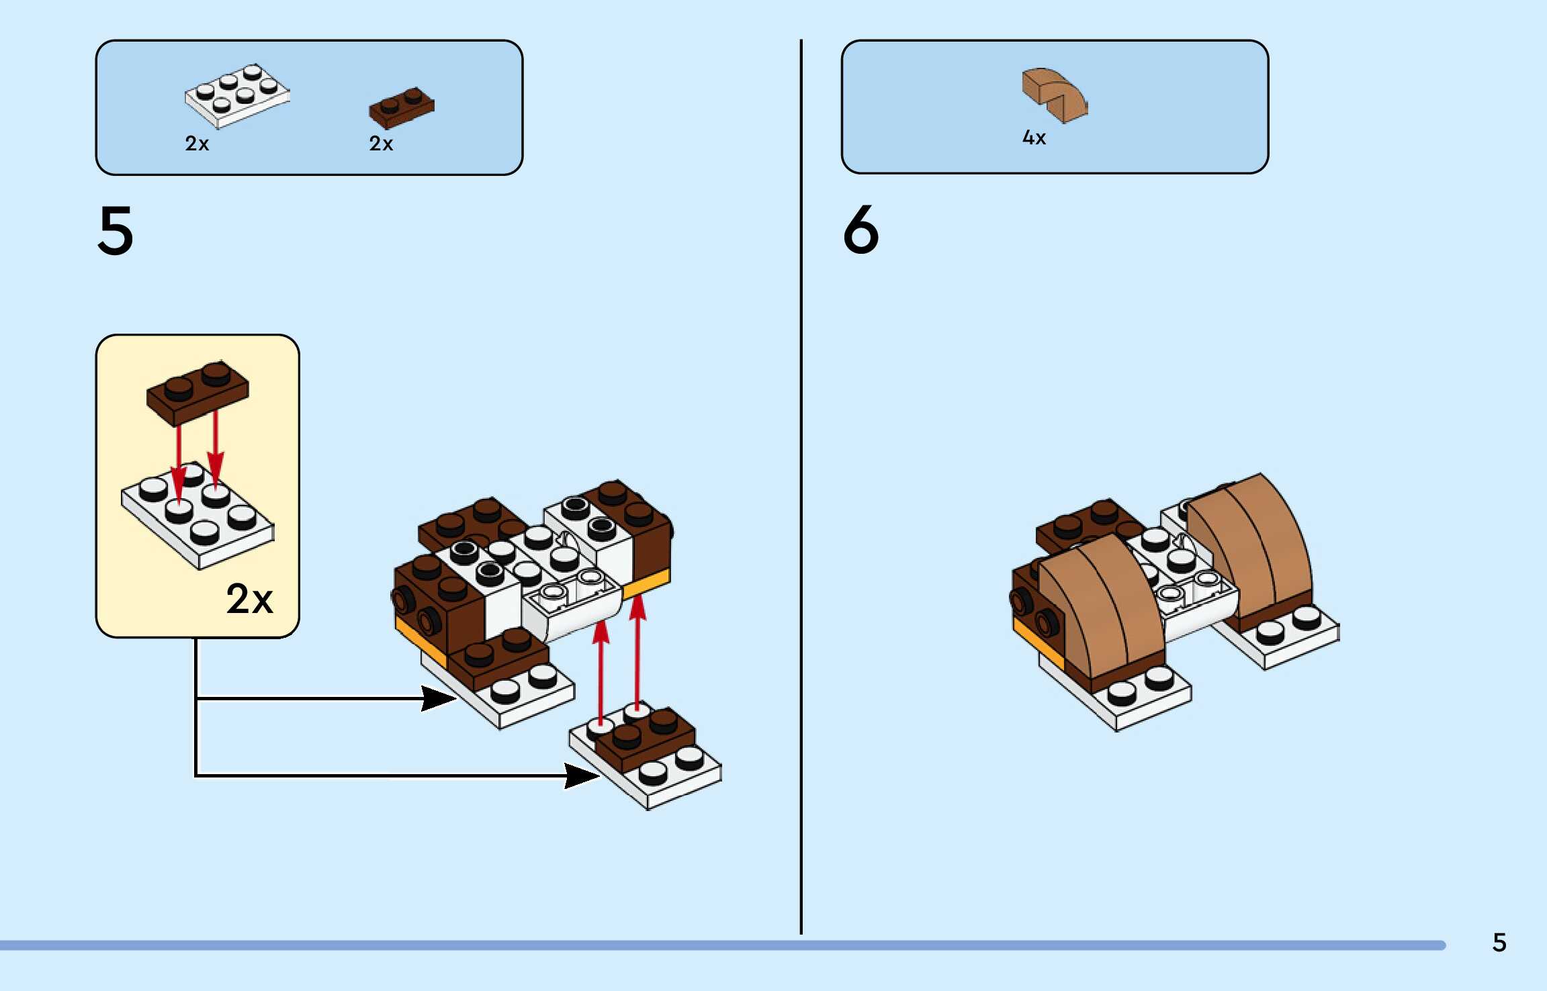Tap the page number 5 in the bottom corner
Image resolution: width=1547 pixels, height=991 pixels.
(1499, 943)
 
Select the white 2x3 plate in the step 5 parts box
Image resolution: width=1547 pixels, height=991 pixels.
(236, 96)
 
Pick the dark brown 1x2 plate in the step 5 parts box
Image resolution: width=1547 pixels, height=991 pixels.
(401, 107)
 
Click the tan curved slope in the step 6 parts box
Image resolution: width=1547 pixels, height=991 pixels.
(1054, 95)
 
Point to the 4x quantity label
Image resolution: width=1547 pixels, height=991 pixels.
(1034, 138)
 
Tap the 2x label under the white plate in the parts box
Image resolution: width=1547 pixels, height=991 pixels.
(197, 144)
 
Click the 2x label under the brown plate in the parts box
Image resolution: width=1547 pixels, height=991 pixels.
(381, 144)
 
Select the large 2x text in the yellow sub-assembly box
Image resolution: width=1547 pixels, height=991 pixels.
(249, 599)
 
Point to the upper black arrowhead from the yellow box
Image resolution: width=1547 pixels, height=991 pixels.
(438, 698)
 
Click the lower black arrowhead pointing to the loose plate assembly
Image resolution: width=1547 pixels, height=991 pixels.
(582, 776)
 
